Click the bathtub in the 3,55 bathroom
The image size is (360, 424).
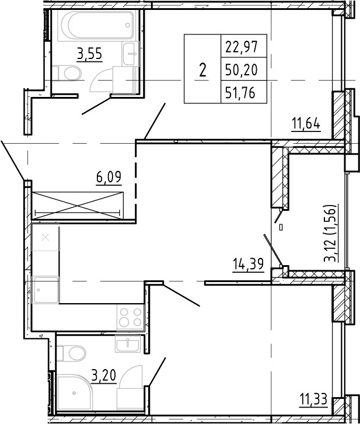pos(96,26)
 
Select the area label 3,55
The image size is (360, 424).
pos(89,54)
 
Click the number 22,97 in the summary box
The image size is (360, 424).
pos(242,47)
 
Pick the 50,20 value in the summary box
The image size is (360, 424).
pos(242,69)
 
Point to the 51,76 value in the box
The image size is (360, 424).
pos(240,93)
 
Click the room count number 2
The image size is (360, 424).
pos(202,71)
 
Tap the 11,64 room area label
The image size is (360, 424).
pos(306,124)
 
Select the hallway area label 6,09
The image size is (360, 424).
pos(109,178)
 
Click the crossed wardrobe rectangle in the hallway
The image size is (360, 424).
pos(78,206)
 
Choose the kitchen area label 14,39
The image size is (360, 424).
pos(248,264)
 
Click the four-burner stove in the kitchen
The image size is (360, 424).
pos(131,317)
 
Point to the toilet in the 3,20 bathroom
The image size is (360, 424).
pos(72,353)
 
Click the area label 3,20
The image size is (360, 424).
pos(104,376)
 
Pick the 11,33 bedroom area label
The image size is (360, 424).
pos(313,399)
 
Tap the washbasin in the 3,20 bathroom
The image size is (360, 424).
pos(127,343)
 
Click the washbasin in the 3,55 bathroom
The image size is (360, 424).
pos(131,54)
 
